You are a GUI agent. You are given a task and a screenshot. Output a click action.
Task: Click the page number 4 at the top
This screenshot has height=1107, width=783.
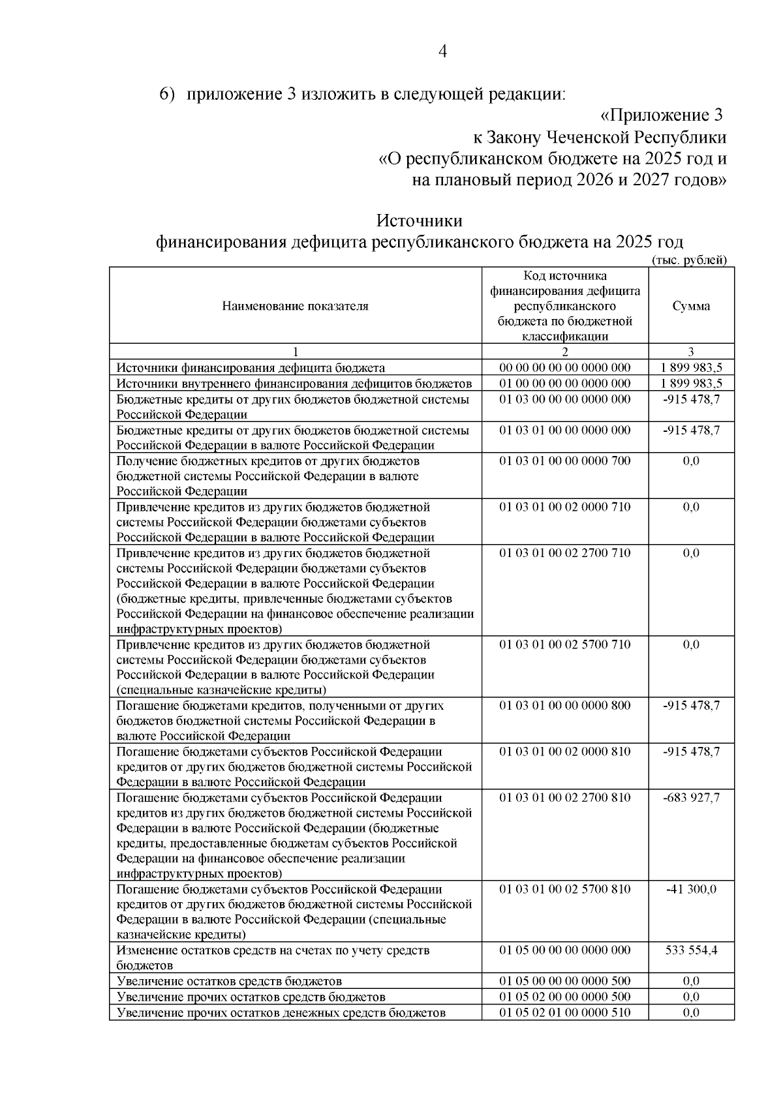point(442,52)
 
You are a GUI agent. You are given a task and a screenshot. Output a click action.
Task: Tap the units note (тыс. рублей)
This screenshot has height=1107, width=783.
point(689,260)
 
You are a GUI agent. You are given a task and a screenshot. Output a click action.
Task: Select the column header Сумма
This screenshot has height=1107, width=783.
point(691,306)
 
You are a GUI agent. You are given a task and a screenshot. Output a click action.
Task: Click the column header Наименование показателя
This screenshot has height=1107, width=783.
point(295,306)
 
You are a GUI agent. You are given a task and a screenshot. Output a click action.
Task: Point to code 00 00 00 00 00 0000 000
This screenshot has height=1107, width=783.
point(564,368)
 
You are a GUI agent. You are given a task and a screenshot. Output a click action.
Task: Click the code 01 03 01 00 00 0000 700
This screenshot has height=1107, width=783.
point(564,461)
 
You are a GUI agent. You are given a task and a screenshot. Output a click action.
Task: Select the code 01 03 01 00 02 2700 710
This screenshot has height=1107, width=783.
point(564,553)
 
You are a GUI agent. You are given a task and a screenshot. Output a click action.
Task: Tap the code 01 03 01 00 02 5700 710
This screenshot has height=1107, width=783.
point(564,645)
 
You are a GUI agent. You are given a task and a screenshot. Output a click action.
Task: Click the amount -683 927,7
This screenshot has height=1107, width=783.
point(691,798)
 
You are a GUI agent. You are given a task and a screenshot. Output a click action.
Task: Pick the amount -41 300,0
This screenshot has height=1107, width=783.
point(691,889)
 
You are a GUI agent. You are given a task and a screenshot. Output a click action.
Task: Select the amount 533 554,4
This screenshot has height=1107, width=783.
point(691,950)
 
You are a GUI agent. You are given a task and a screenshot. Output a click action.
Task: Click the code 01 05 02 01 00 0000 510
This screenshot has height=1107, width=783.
point(564,1012)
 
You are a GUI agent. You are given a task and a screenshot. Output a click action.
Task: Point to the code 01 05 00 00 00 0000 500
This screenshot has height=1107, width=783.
point(564,981)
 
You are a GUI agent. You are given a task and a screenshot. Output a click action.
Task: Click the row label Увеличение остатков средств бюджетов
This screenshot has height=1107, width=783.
point(229,981)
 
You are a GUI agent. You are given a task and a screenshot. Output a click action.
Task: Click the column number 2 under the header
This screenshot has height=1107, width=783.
point(564,352)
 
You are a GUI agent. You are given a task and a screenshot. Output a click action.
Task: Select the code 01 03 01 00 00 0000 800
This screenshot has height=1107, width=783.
point(564,706)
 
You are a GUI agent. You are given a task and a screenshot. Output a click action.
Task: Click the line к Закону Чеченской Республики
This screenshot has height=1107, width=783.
point(599,138)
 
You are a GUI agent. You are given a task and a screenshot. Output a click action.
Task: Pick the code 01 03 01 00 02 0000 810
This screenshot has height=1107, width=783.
point(564,751)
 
